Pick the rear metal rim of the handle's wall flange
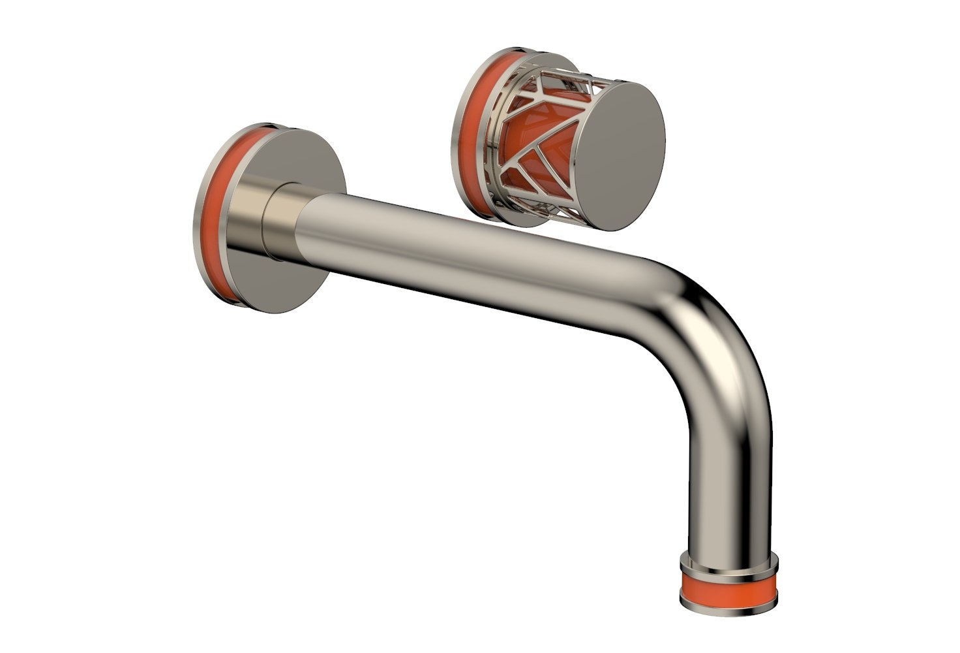point(454,140)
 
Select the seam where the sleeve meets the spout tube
point(301,225)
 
